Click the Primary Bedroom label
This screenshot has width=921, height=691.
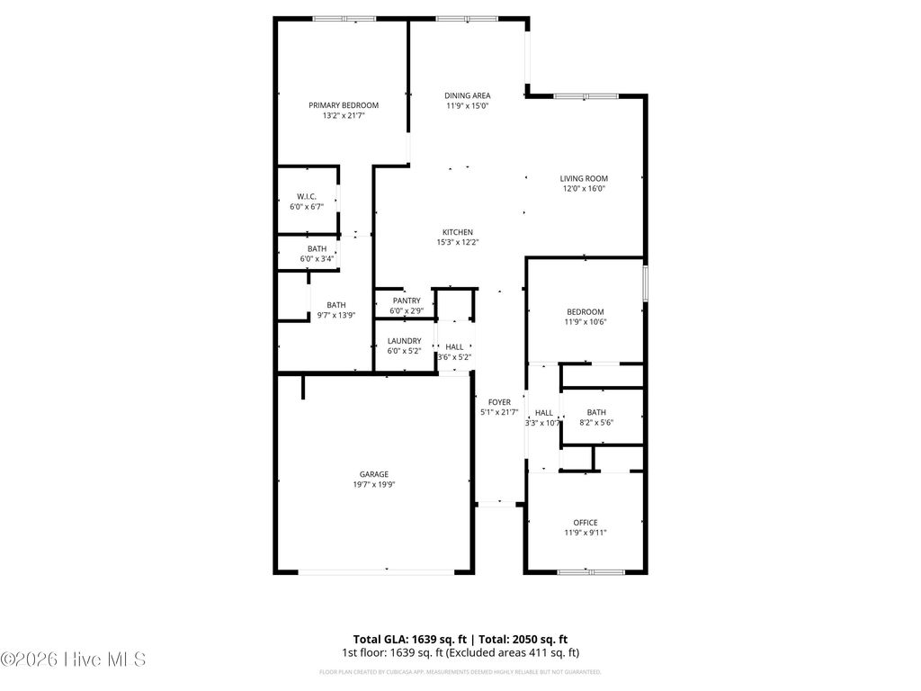[344, 104]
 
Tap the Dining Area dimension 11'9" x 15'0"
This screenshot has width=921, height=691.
[467, 106]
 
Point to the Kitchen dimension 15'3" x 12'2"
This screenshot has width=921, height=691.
[456, 242]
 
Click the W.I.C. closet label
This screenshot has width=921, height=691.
[307, 196]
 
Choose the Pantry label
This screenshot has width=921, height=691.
[407, 301]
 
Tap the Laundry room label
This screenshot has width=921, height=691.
[404, 341]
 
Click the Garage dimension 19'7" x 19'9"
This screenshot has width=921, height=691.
[374, 484]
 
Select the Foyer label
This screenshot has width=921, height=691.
[499, 402]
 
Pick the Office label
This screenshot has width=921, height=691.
[585, 523]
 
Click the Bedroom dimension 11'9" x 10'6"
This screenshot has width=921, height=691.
[585, 322]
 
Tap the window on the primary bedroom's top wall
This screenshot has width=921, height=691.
[344, 18]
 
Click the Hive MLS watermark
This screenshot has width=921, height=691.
[74, 660]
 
